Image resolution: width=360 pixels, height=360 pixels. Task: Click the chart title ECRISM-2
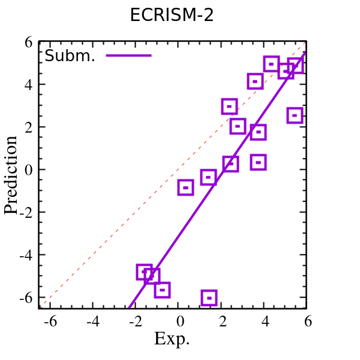coord(172,16)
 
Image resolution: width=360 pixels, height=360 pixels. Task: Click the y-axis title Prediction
coord(11,175)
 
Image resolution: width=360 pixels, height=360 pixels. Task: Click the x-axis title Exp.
coord(172,339)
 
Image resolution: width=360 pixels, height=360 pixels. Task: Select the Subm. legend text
coord(70,56)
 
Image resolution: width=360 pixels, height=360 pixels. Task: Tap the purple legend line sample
coord(128,56)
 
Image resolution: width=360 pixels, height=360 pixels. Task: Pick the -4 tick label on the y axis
coord(25,255)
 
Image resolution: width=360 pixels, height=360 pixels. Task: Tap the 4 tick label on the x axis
coord(265,322)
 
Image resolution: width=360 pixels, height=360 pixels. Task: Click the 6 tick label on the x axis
coord(308,322)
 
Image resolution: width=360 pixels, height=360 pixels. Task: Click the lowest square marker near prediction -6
coord(209,297)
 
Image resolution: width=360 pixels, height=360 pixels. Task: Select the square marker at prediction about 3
coord(229,107)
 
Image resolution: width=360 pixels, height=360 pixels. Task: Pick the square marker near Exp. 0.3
coord(185,187)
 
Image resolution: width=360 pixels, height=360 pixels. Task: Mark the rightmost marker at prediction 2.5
coord(294,115)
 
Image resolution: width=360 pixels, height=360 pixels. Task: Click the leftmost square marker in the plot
coord(144,272)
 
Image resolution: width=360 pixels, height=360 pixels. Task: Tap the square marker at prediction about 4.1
coord(255,81)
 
